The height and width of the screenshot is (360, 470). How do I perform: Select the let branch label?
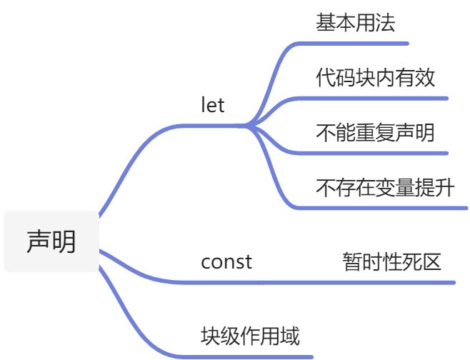coord(213,106)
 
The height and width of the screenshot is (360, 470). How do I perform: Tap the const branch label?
coord(226,262)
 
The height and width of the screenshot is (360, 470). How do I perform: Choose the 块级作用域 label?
coord(249,335)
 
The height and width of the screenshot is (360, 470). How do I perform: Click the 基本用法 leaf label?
coord(355,23)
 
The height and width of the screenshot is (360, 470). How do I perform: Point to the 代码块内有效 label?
coord(375,77)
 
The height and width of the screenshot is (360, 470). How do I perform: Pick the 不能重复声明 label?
coord(375,132)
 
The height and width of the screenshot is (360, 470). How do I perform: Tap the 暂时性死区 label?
coord(392,262)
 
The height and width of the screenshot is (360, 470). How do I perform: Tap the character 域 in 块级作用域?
coord(289,335)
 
